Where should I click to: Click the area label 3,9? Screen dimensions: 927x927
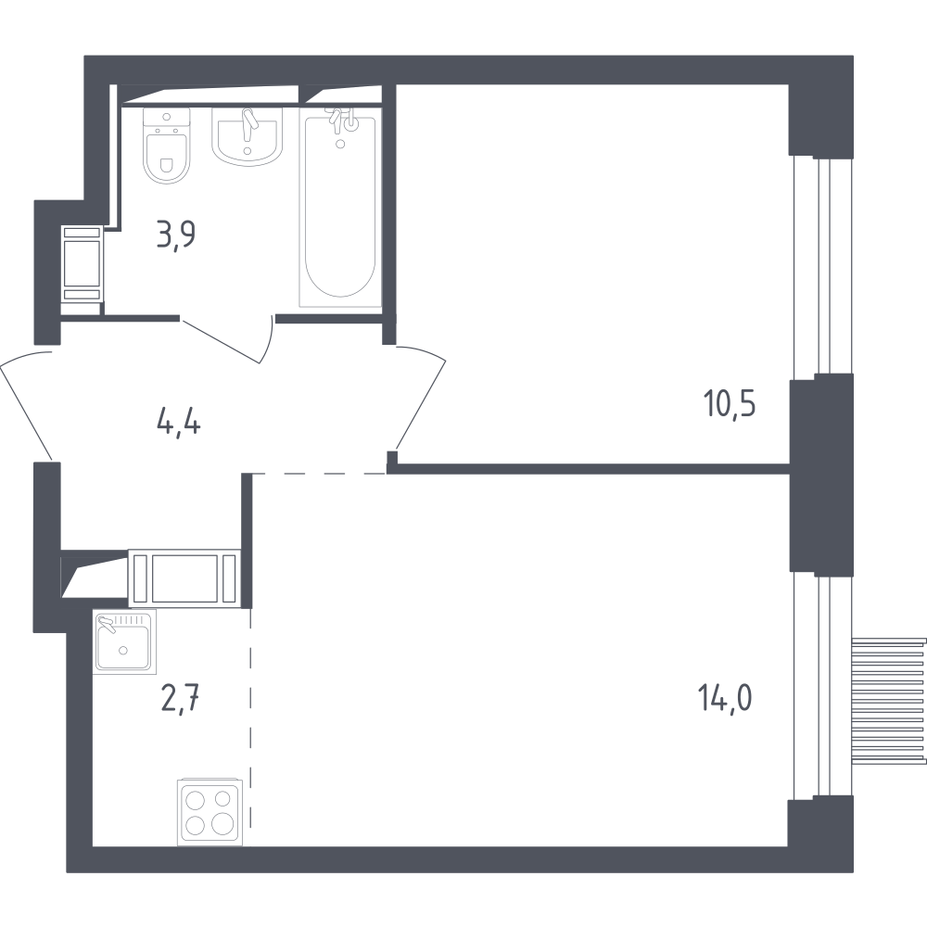coord(175,235)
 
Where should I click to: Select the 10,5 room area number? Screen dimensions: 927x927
coord(730,404)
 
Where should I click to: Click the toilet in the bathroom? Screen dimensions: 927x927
coord(167,146)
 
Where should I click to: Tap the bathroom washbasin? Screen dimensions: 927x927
coord(248,137)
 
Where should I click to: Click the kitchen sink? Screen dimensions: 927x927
coord(124,641)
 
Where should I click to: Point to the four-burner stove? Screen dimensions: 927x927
coord(210,812)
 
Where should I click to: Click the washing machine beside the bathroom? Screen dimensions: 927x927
coord(83,263)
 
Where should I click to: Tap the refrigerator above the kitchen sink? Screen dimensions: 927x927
coord(184,578)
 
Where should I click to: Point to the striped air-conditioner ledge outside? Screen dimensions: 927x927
coord(889,701)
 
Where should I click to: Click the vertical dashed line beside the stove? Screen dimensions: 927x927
coord(250,718)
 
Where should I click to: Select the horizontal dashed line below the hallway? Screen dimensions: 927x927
coord(319,474)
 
